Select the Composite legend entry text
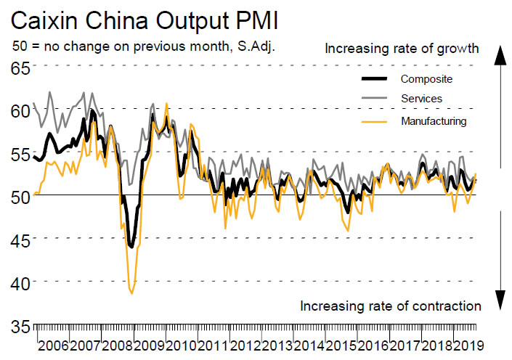426,78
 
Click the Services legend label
421,98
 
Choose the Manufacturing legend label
433,120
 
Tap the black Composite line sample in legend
376,78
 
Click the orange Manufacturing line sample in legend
376,120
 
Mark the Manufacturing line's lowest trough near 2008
131,292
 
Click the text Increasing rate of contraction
390,306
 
